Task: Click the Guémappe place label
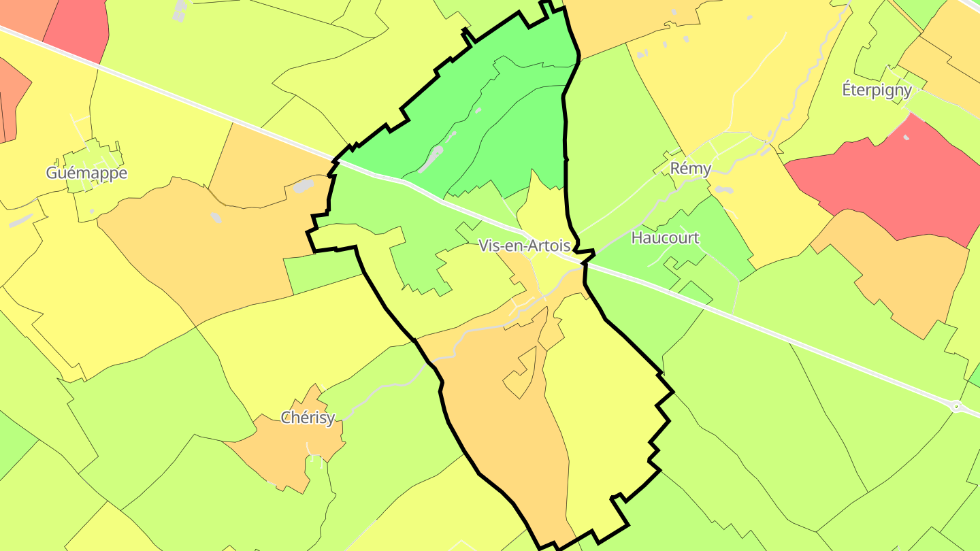pos(86,173)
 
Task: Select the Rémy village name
pos(691,168)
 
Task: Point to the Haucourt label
pos(665,237)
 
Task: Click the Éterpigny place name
pos(877,89)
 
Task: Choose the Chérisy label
pos(308,417)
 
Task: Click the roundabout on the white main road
pos(957,407)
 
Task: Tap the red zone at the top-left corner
pos(78,27)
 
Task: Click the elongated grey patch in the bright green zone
pos(430,160)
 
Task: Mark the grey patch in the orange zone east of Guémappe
pos(303,186)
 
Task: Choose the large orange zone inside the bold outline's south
pos(497,422)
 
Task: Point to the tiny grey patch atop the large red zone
pos(905,137)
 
